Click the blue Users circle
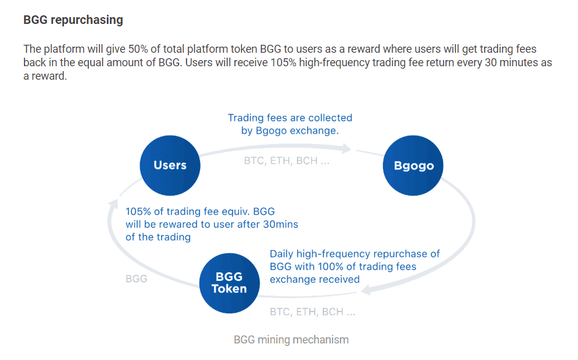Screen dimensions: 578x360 point(170,166)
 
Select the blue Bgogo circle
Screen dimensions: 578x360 point(413,166)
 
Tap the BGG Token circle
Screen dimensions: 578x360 point(229,283)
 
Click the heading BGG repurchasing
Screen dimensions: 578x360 point(73,20)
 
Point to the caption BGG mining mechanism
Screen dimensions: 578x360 point(291,339)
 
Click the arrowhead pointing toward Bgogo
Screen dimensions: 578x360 point(347,149)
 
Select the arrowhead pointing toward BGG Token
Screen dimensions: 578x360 point(366,290)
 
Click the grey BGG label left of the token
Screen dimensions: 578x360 point(136,279)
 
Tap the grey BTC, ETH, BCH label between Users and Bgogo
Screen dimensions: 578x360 point(287,161)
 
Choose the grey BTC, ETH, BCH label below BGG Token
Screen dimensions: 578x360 point(312,312)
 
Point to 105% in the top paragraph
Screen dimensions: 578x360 point(283,63)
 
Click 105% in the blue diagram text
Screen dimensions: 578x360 point(138,212)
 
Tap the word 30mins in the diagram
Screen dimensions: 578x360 point(280,224)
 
